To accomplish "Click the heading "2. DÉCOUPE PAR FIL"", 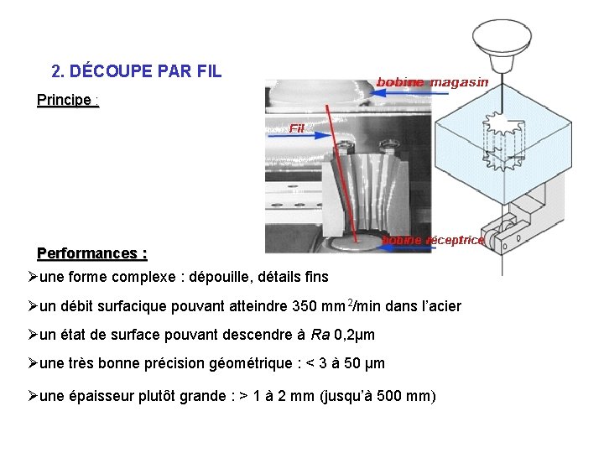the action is [x=136, y=71].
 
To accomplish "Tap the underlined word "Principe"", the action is [x=64, y=101].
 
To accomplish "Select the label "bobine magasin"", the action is [x=432, y=81].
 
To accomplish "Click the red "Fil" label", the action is [x=297, y=128].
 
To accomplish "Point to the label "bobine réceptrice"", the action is [x=433, y=240].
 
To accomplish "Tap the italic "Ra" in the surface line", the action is [x=320, y=336].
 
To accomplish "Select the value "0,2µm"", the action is [x=355, y=336].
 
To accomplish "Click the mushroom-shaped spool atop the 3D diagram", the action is [x=501, y=37].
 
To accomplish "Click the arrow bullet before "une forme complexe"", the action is [x=33, y=277].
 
